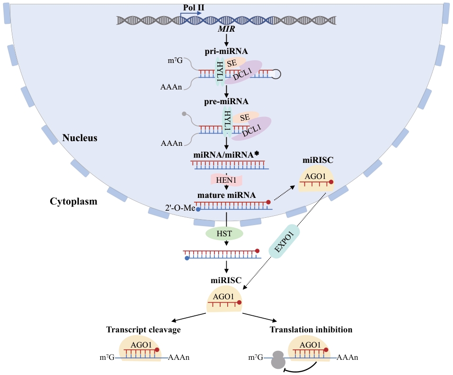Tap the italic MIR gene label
click(226, 30)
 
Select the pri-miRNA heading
click(226, 51)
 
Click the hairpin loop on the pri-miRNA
click(276, 73)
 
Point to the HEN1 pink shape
click(226, 180)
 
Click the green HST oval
click(224, 233)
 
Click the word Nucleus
click(80, 138)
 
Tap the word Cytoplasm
click(73, 201)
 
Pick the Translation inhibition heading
click(311, 330)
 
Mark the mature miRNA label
click(227, 195)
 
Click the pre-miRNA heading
click(226, 101)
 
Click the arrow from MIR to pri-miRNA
click(226, 40)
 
